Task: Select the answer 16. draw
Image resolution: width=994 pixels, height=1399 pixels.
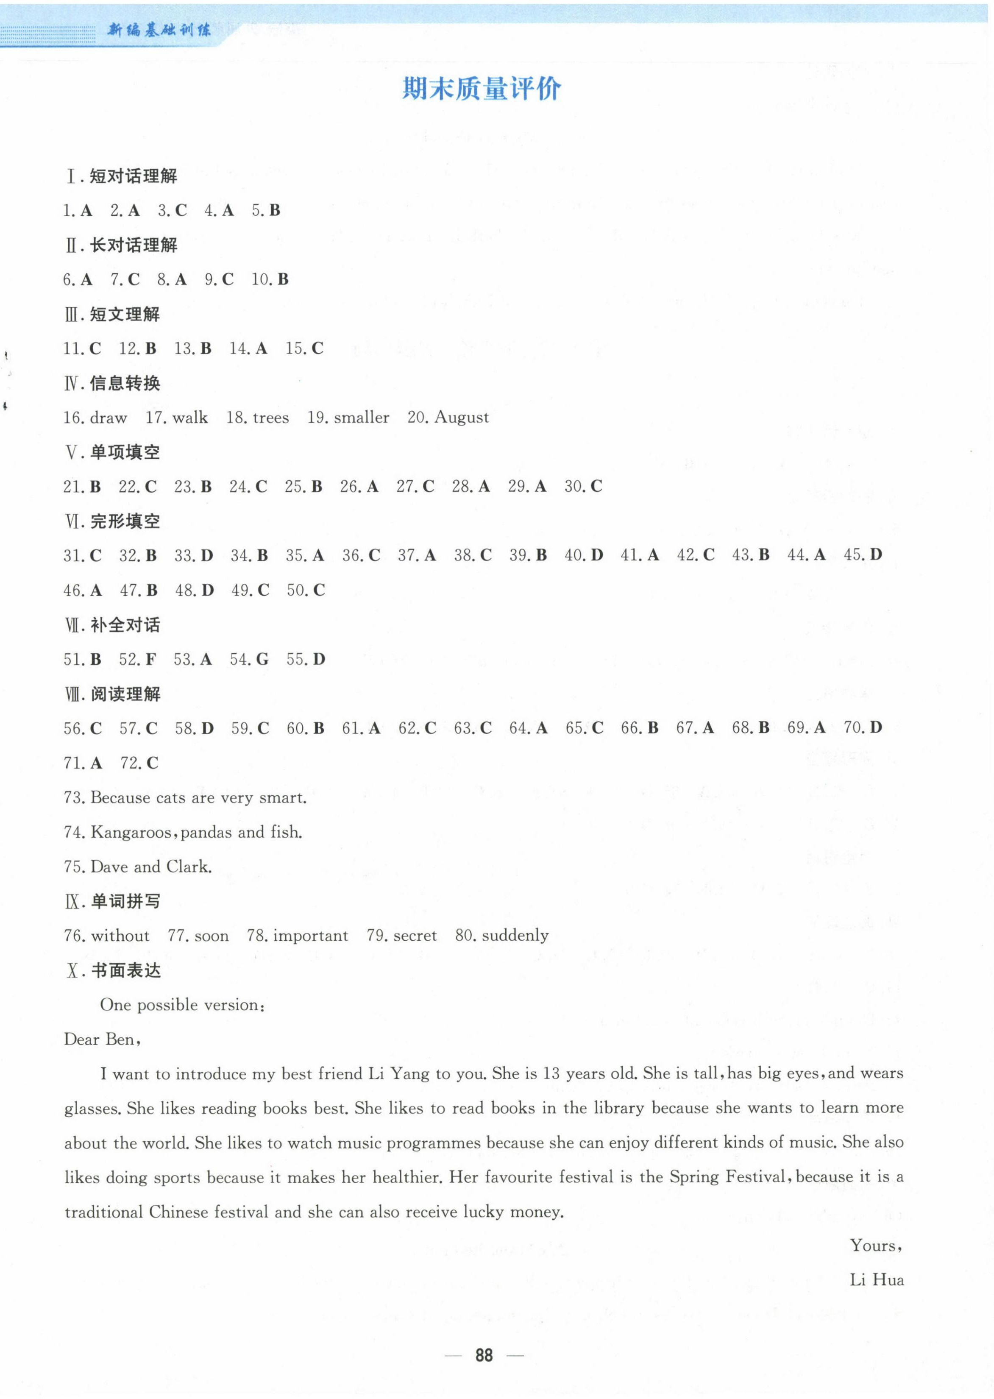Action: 95,418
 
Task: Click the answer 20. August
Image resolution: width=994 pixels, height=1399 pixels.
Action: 448,418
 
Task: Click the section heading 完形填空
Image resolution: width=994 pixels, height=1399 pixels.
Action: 125,521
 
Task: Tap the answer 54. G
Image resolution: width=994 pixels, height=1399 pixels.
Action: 249,659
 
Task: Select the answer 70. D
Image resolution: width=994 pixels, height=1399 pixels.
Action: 863,727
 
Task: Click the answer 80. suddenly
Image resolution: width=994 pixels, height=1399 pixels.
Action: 501,936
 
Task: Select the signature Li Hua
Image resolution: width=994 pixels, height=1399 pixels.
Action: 877,1280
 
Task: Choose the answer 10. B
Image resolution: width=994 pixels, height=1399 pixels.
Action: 270,280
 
